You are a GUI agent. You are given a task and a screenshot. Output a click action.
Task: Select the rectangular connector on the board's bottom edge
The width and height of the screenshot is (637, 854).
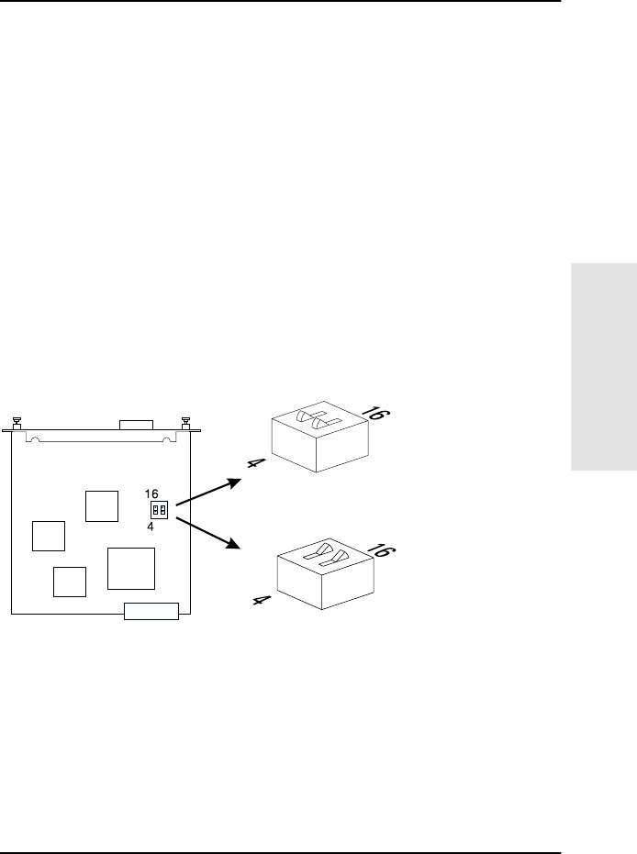pyautogui.click(x=151, y=612)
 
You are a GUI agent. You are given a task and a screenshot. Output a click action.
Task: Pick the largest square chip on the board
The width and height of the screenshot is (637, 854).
pyautogui.click(x=130, y=568)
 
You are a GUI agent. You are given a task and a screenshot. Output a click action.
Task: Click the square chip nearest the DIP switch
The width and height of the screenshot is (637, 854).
pyautogui.click(x=101, y=505)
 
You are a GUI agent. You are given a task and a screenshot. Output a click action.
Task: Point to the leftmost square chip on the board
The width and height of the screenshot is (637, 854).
pyautogui.click(x=48, y=535)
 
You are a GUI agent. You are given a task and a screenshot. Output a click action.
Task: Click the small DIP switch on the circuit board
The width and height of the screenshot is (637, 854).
pyautogui.click(x=158, y=509)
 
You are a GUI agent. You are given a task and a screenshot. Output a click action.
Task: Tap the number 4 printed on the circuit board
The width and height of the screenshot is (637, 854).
pyautogui.click(x=150, y=527)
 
